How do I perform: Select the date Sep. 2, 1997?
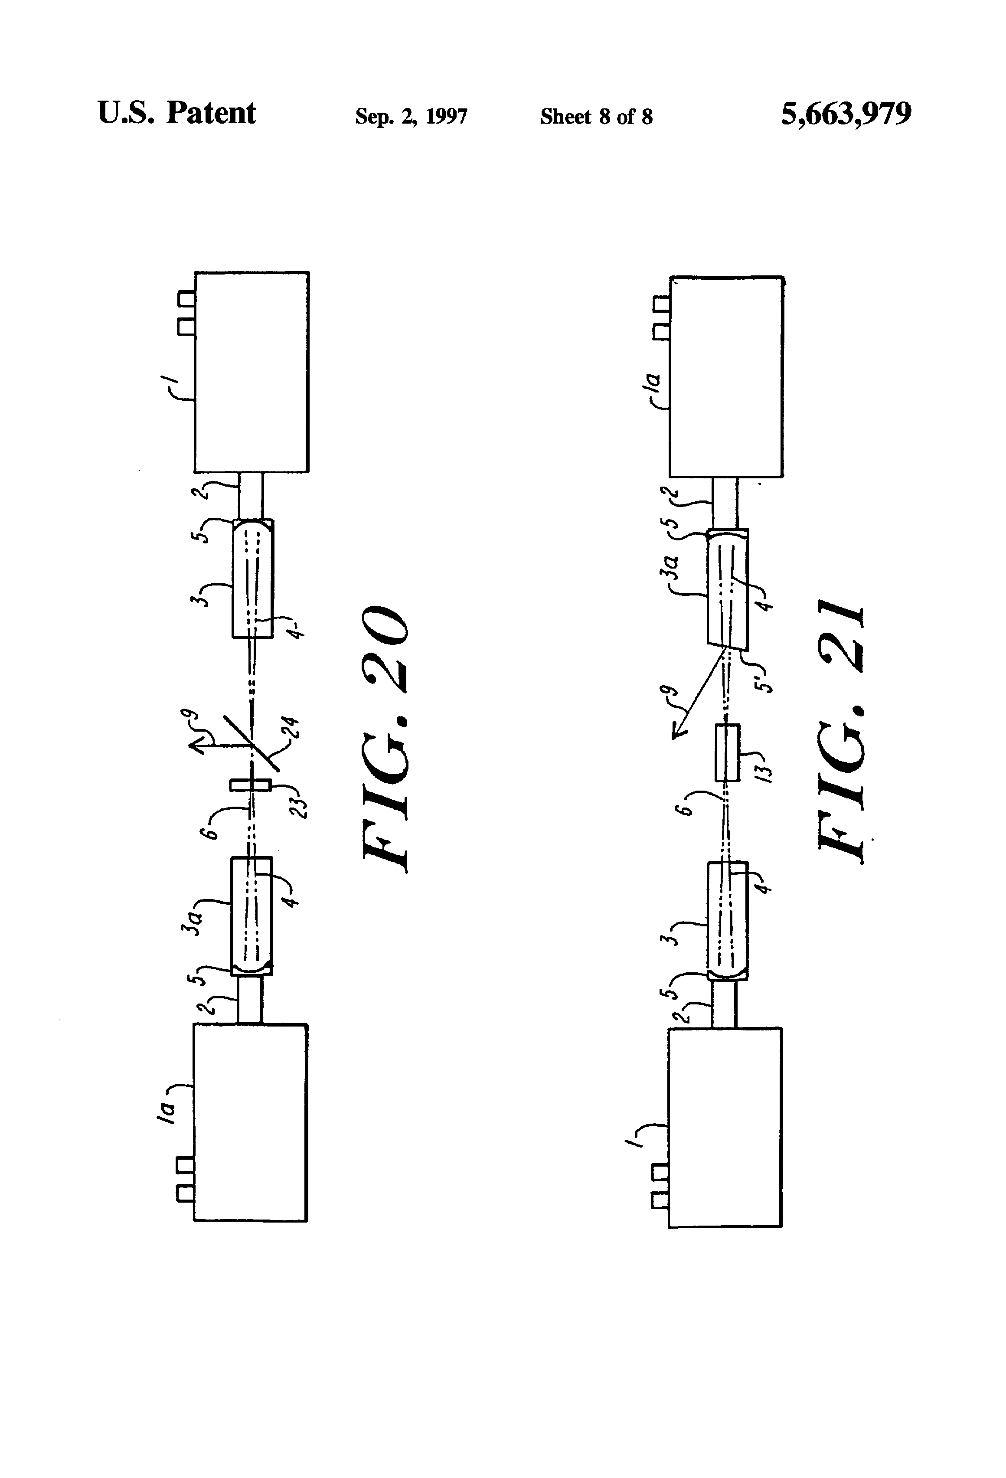411,116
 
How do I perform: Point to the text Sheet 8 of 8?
597,116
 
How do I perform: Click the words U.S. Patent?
177,113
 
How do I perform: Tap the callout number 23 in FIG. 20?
299,806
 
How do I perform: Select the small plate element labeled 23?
251,785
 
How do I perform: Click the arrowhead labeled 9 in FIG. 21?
679,731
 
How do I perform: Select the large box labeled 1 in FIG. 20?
252,372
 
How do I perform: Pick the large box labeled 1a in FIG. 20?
251,1122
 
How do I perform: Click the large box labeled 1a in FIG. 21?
726,376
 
